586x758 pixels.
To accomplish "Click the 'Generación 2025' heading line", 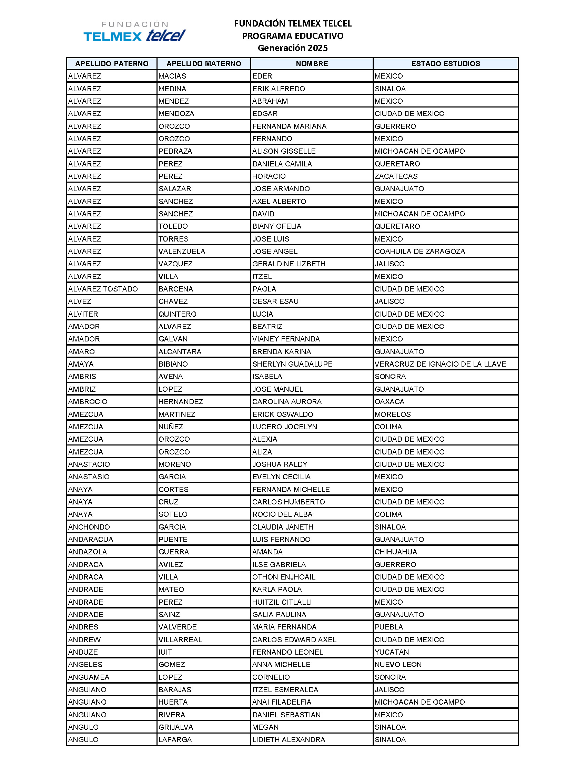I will point(292,48).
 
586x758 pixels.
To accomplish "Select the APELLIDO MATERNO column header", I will point(204,63).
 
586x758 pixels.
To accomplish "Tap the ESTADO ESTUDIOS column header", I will point(445,63).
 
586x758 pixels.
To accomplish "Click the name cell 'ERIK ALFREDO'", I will point(279,89).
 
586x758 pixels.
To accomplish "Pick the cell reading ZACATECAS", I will point(396,176).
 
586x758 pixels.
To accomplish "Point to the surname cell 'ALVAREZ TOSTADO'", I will point(103,289).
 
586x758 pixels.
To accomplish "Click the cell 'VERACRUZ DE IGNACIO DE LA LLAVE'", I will point(440,364).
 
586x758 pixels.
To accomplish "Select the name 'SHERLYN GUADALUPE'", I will point(292,364).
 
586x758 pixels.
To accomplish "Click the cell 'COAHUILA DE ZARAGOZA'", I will point(420,251).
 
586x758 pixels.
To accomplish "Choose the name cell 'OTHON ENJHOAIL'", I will point(284,577).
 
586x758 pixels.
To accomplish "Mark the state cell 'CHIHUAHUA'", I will point(396,552).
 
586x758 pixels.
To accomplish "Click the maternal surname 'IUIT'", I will point(165,652).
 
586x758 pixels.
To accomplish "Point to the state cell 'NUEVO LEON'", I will point(398,664).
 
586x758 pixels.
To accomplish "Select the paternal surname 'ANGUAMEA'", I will point(89,677).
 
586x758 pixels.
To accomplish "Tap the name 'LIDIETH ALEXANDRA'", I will point(289,740).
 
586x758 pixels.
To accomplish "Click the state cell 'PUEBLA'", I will point(389,627).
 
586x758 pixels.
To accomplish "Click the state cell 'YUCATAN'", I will point(392,652).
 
